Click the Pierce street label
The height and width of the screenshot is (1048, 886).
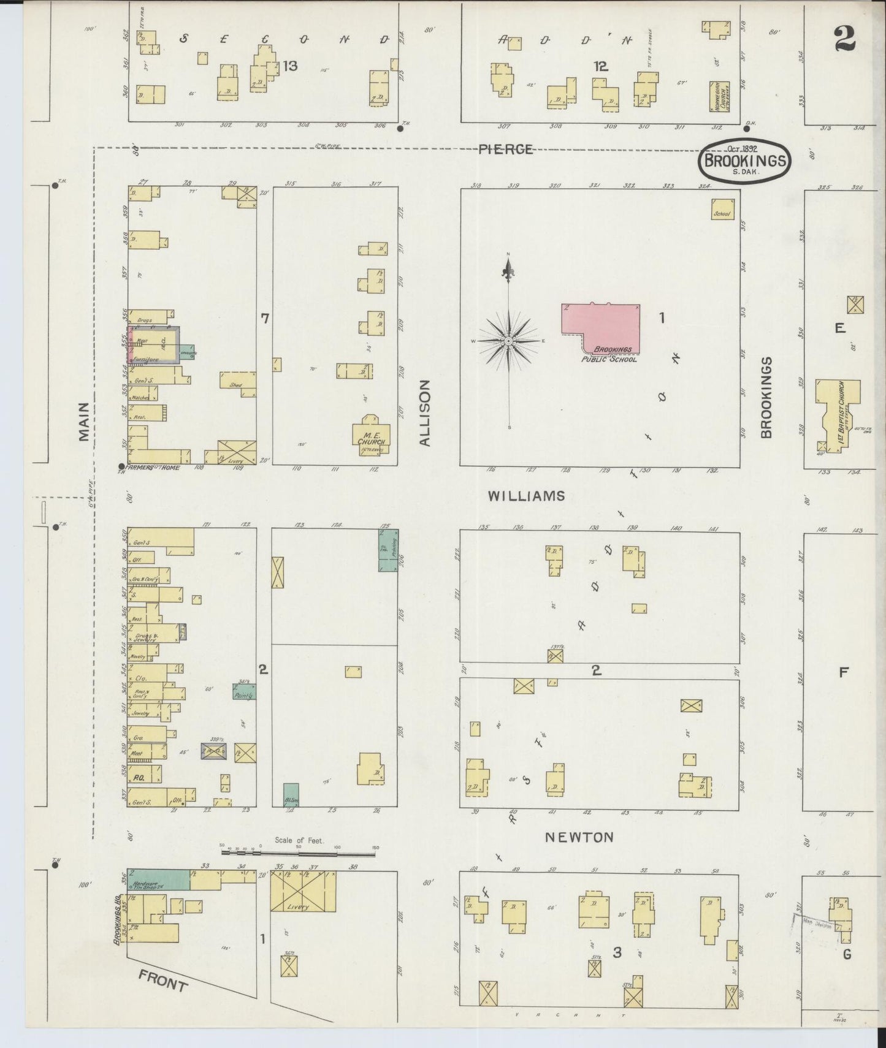click(x=505, y=149)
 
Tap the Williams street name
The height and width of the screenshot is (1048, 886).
click(x=527, y=496)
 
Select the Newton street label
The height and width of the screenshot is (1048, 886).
click(x=580, y=837)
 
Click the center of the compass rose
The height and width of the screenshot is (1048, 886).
click(x=508, y=341)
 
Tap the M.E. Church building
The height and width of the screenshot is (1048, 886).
click(x=371, y=436)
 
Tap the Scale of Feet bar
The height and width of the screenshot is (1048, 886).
click(x=300, y=849)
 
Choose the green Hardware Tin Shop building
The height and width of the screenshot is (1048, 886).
click(x=158, y=879)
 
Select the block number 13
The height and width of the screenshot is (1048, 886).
click(x=290, y=66)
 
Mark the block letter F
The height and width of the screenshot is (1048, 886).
click(x=843, y=672)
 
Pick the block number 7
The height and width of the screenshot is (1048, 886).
click(x=265, y=318)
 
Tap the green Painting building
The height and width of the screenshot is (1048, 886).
click(x=244, y=692)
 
